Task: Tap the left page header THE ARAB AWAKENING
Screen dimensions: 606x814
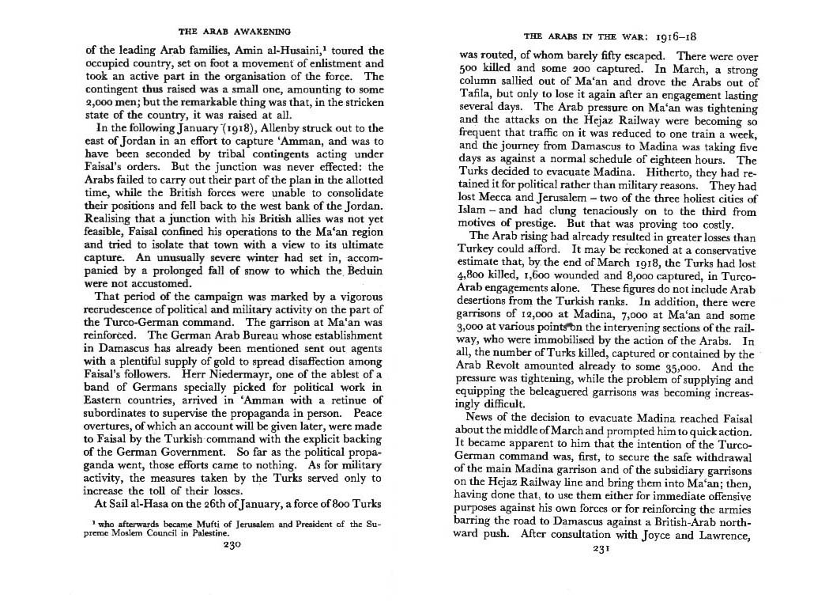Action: (x=235, y=32)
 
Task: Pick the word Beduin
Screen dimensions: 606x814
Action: (x=363, y=271)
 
